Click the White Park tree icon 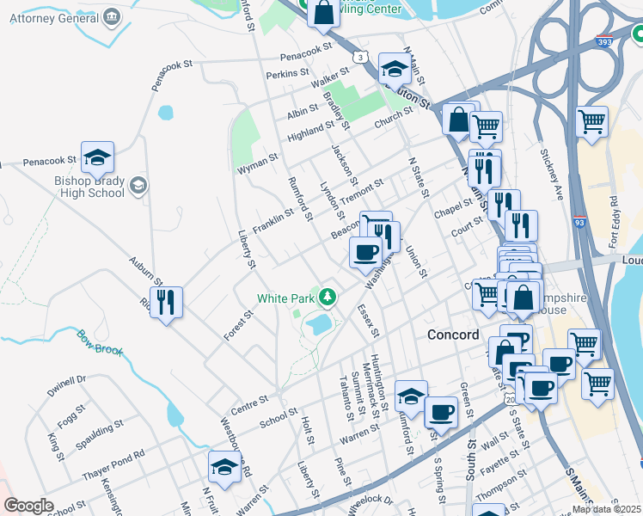327,298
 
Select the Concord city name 453,335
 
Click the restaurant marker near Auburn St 167,302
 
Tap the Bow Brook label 100,342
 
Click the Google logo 28,506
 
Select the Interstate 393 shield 603,40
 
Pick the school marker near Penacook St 98,157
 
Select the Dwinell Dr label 68,384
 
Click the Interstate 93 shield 579,223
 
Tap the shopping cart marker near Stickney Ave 591,122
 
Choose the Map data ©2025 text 606,509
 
